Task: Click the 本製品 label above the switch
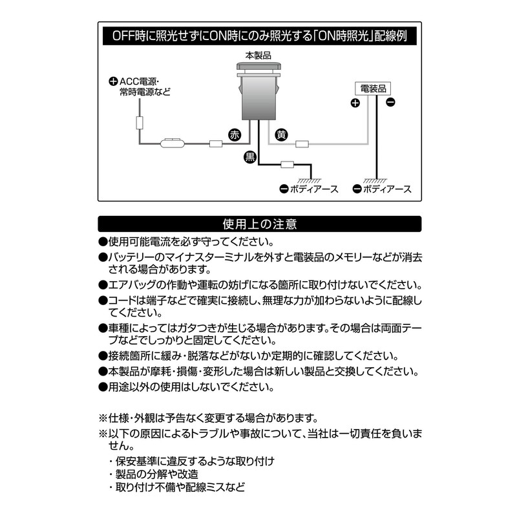click(x=258, y=56)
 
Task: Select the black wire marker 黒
click(x=249, y=156)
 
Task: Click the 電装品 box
click(x=374, y=89)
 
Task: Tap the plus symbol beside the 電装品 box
click(x=355, y=103)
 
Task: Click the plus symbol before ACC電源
click(x=113, y=81)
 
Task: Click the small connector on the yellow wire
click(x=301, y=143)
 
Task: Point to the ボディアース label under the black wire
click(x=310, y=189)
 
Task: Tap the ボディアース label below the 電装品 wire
click(x=386, y=189)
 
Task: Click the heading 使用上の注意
click(x=259, y=224)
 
